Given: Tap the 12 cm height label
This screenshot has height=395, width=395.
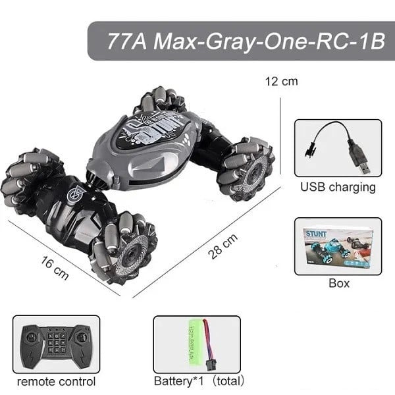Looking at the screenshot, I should pyautogui.click(x=281, y=82).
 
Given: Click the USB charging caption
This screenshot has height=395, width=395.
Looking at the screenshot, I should pyautogui.click(x=338, y=187).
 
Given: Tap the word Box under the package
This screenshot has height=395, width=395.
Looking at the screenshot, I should pyautogui.click(x=338, y=283).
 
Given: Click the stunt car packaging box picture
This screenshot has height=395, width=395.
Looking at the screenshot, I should pyautogui.click(x=338, y=246).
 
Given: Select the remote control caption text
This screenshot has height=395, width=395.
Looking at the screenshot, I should pyautogui.click(x=56, y=381).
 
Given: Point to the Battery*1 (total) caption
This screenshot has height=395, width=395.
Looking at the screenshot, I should pyautogui.click(x=199, y=381).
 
